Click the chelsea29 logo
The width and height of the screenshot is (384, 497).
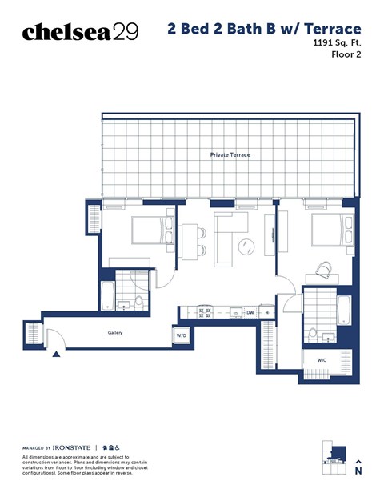point(80,31)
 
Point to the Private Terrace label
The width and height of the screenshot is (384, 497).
point(230,154)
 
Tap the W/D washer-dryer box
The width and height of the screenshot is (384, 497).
point(181,336)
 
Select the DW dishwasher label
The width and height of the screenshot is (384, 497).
point(250,312)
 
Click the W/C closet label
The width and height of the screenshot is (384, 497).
point(322,360)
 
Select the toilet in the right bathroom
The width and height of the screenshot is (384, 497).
point(312,332)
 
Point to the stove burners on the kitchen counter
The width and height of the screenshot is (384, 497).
point(202,311)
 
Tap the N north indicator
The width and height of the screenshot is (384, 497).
point(358,471)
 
